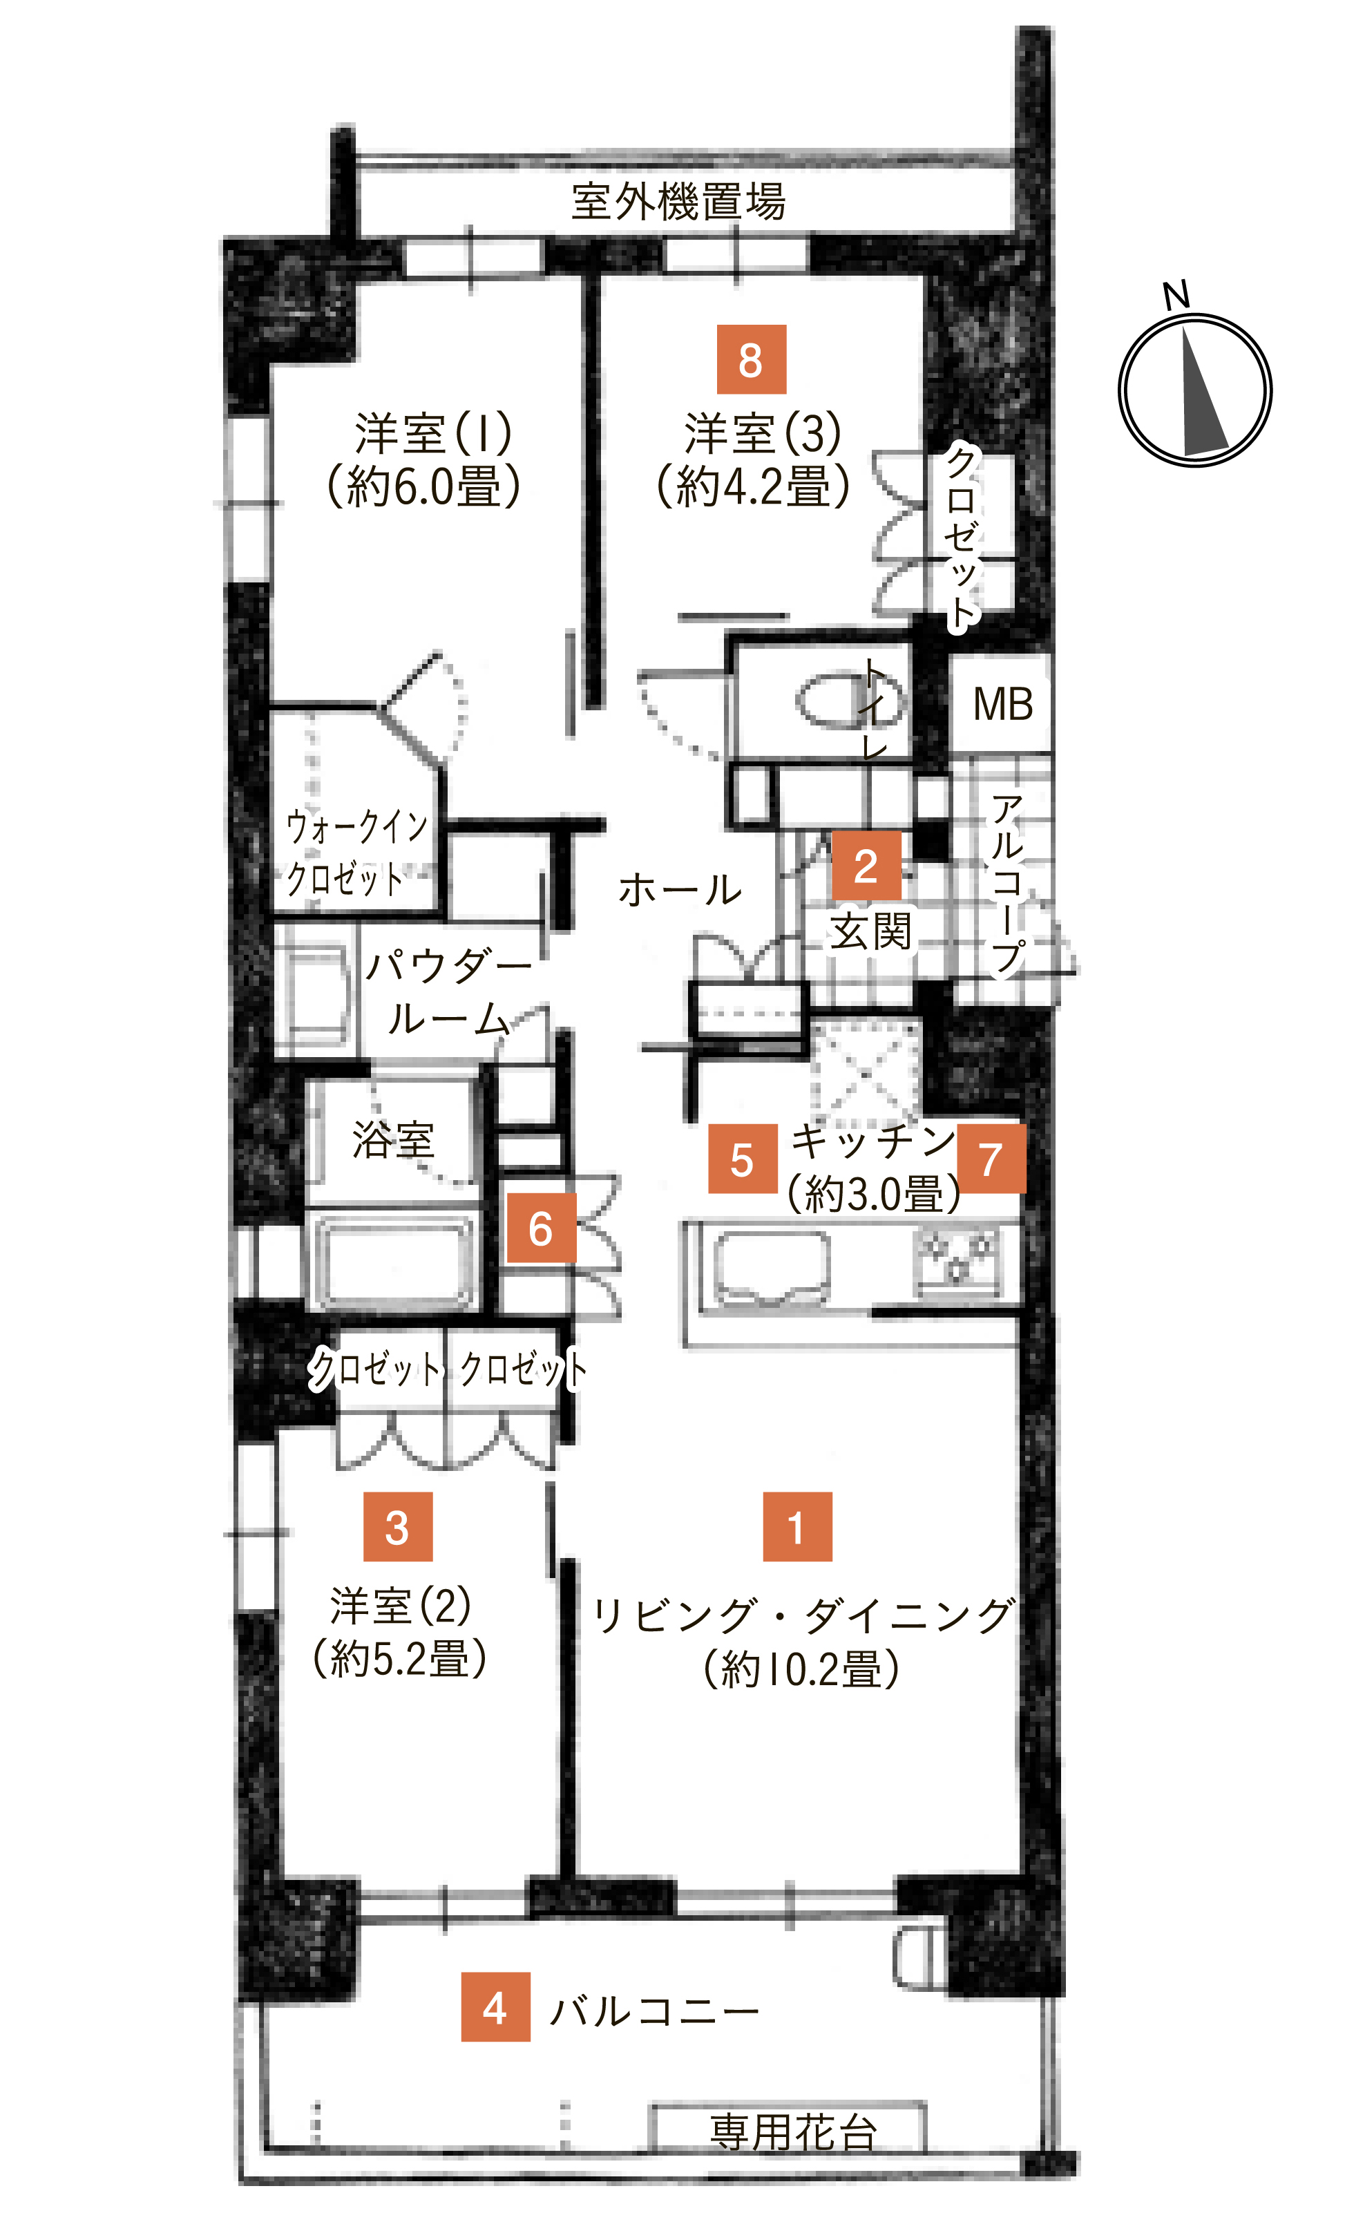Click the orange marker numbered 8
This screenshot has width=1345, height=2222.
(751, 359)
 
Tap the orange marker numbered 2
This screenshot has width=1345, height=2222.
(866, 865)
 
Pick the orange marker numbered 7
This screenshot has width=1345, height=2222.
(991, 1159)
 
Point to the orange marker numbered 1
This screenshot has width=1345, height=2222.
(797, 1527)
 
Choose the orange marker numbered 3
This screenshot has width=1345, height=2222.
(397, 1527)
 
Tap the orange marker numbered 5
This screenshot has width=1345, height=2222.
(742, 1159)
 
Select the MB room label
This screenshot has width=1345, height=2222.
(1002, 703)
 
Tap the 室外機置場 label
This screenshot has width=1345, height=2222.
(678, 201)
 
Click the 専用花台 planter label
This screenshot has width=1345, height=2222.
(792, 2131)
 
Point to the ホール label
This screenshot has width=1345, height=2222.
(680, 890)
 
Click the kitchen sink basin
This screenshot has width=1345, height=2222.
(772, 1268)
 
